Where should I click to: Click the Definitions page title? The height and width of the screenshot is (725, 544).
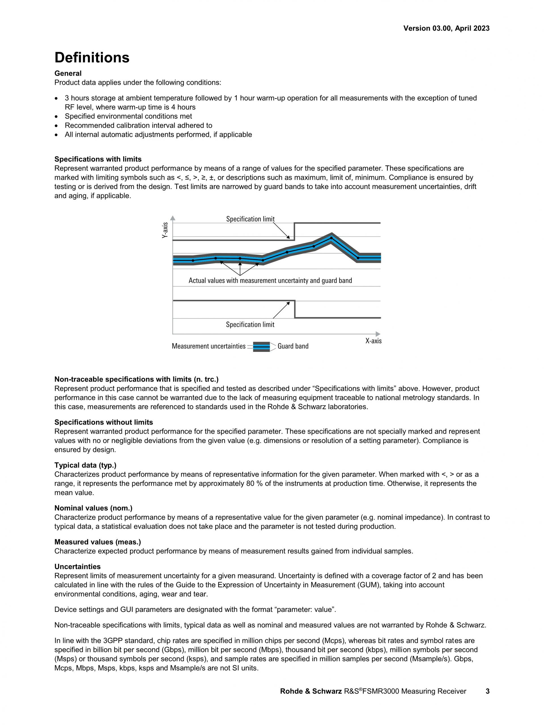point(92,58)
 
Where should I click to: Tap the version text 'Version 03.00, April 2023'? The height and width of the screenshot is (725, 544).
point(446,29)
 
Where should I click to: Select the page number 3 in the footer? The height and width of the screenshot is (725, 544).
point(487,691)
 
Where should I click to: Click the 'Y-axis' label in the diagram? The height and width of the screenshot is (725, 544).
point(165,230)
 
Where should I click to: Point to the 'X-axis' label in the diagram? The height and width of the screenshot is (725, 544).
point(373,341)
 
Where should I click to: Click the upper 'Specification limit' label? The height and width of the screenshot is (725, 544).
point(250,219)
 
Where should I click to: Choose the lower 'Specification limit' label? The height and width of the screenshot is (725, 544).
point(250,324)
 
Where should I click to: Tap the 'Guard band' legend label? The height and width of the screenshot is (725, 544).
point(293,346)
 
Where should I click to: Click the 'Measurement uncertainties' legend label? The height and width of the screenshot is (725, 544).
point(209,346)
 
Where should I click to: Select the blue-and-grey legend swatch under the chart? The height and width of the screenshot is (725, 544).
point(261,346)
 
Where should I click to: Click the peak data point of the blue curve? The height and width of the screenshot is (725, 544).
point(331,238)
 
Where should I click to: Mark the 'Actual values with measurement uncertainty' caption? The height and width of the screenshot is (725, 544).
point(270,280)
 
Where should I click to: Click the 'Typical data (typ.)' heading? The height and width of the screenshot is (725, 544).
point(85,465)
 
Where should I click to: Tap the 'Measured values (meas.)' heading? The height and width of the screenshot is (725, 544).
point(98,542)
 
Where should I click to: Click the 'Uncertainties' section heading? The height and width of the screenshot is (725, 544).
point(77,567)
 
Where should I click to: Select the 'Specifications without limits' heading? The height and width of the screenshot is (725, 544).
point(103,422)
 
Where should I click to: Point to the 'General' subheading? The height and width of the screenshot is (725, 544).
point(68,73)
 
